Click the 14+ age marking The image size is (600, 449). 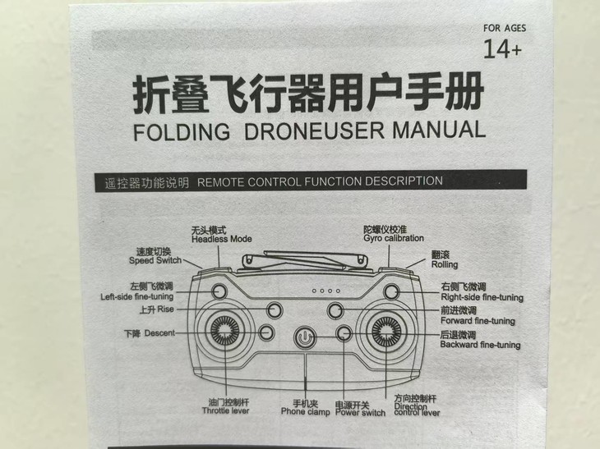[502, 51]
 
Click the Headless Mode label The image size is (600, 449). [221, 239]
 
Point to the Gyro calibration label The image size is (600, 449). [393, 238]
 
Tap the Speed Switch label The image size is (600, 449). [155, 260]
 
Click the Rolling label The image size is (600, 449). [445, 265]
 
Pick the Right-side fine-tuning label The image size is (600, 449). [482, 297]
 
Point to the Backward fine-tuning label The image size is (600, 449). [480, 345]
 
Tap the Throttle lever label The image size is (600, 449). [225, 410]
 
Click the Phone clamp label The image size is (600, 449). [304, 411]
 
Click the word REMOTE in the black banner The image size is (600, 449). [221, 181]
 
